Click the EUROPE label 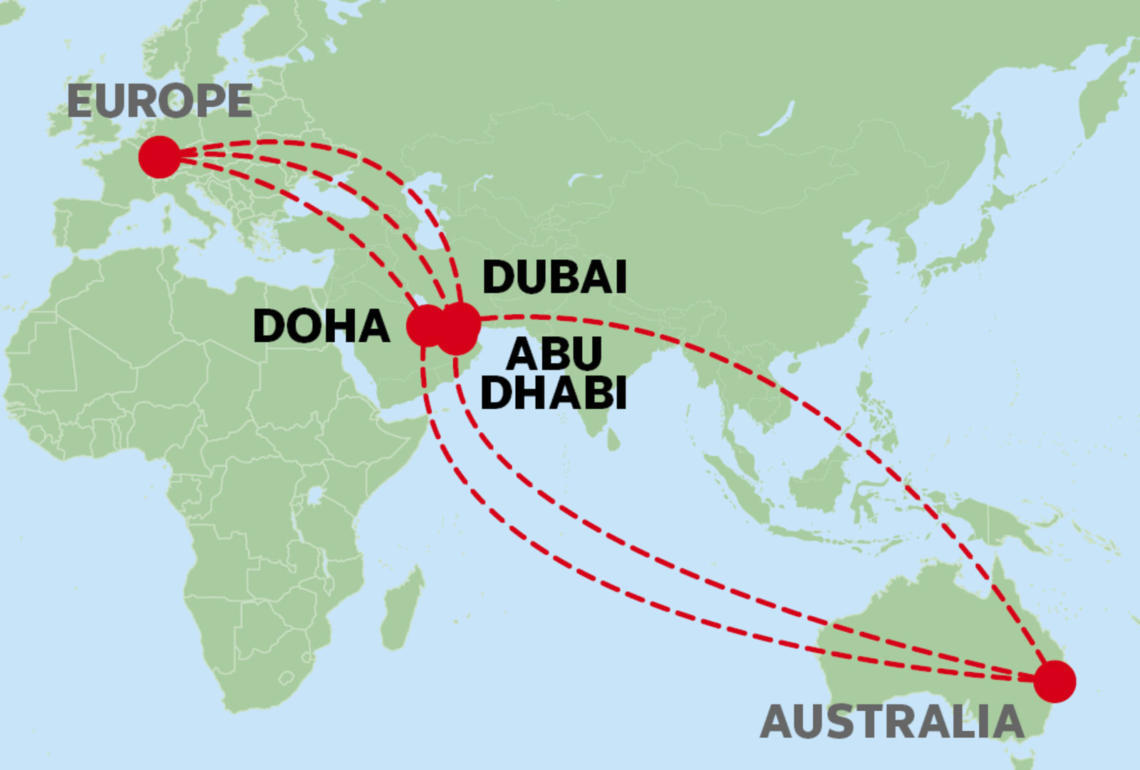coord(160,101)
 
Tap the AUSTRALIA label coord(892,722)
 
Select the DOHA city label coord(321,326)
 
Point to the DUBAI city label coord(554,277)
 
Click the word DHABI coord(554,392)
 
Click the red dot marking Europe coord(160,157)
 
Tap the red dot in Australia coord(1054,681)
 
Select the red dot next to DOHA coord(426,326)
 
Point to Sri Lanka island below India coord(613,439)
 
